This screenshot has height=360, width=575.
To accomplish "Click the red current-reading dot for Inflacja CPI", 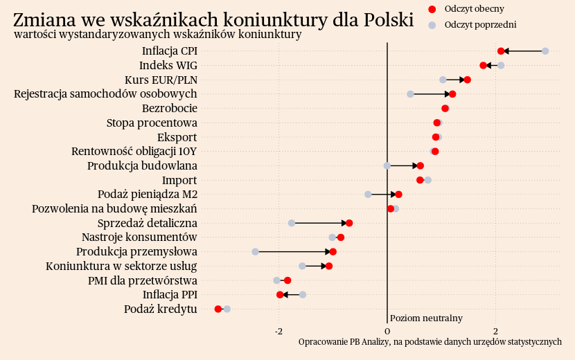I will pyautogui.click(x=501, y=51).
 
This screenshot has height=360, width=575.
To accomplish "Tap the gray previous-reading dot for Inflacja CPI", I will pyautogui.click(x=545, y=51).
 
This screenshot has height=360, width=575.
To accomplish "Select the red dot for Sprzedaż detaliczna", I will pyautogui.click(x=349, y=223).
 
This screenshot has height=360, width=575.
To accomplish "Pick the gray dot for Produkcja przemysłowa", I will pyautogui.click(x=255, y=251).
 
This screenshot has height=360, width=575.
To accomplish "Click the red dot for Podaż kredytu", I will pyautogui.click(x=218, y=309).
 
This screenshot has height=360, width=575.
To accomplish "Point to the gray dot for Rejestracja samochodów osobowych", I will pyautogui.click(x=410, y=94).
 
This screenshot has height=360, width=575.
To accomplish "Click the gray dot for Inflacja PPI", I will pyautogui.click(x=303, y=295).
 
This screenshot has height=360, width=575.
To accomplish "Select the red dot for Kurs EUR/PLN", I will pyautogui.click(x=468, y=80).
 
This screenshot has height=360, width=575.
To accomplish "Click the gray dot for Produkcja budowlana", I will pyautogui.click(x=387, y=165).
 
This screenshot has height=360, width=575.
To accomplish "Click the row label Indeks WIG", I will pyautogui.click(x=168, y=66).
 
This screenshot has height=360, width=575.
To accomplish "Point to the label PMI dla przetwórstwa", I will pyautogui.click(x=143, y=280).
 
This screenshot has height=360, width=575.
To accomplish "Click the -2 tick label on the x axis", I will pyautogui.click(x=278, y=331).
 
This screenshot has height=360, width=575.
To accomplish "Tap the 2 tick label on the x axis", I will pyautogui.click(x=495, y=331).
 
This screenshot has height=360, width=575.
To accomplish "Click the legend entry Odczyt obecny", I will pyautogui.click(x=475, y=9).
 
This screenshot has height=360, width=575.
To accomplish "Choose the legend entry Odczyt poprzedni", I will pyautogui.click(x=481, y=25).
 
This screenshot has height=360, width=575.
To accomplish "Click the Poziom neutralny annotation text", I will pyautogui.click(x=426, y=318).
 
